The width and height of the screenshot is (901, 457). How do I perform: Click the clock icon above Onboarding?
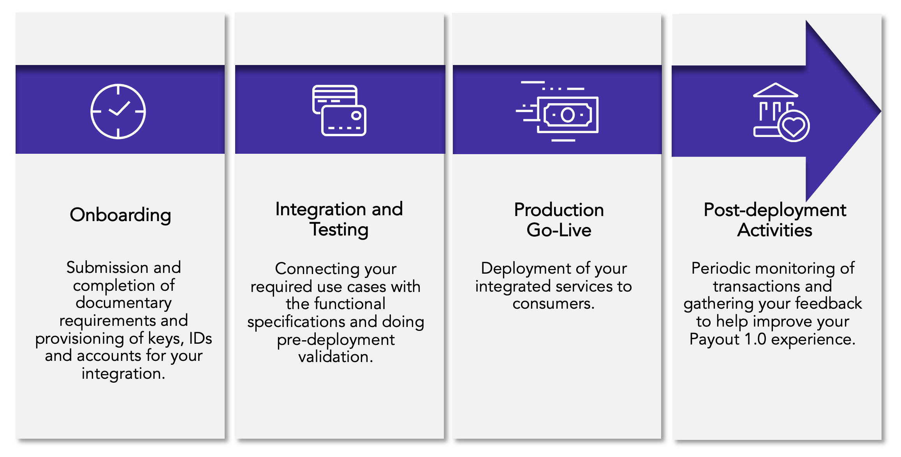pos(118,111)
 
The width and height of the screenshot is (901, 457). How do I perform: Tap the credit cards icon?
pos(339,111)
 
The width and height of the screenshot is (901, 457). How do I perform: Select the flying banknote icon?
pos(557,111)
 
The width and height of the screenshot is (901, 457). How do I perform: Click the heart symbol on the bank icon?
pos(794,126)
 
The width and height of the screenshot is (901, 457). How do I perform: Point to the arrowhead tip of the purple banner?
pos(880,111)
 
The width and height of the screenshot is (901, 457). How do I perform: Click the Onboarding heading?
pos(120,215)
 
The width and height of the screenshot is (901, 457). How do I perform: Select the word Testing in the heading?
pos(339,230)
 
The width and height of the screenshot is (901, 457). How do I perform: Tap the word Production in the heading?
pos(559,210)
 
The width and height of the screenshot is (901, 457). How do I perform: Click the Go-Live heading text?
pos(559,230)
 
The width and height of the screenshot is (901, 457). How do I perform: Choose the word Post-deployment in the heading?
pos(775,211)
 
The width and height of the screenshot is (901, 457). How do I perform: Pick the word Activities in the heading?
pos(775,230)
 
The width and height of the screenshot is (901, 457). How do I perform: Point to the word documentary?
pos(123,303)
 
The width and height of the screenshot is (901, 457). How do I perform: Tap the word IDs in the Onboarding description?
pos(201,338)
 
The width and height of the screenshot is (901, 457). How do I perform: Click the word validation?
pos(336,357)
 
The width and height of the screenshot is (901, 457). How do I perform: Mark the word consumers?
pos(554,304)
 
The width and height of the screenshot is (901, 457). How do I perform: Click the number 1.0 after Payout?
pos(755,339)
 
